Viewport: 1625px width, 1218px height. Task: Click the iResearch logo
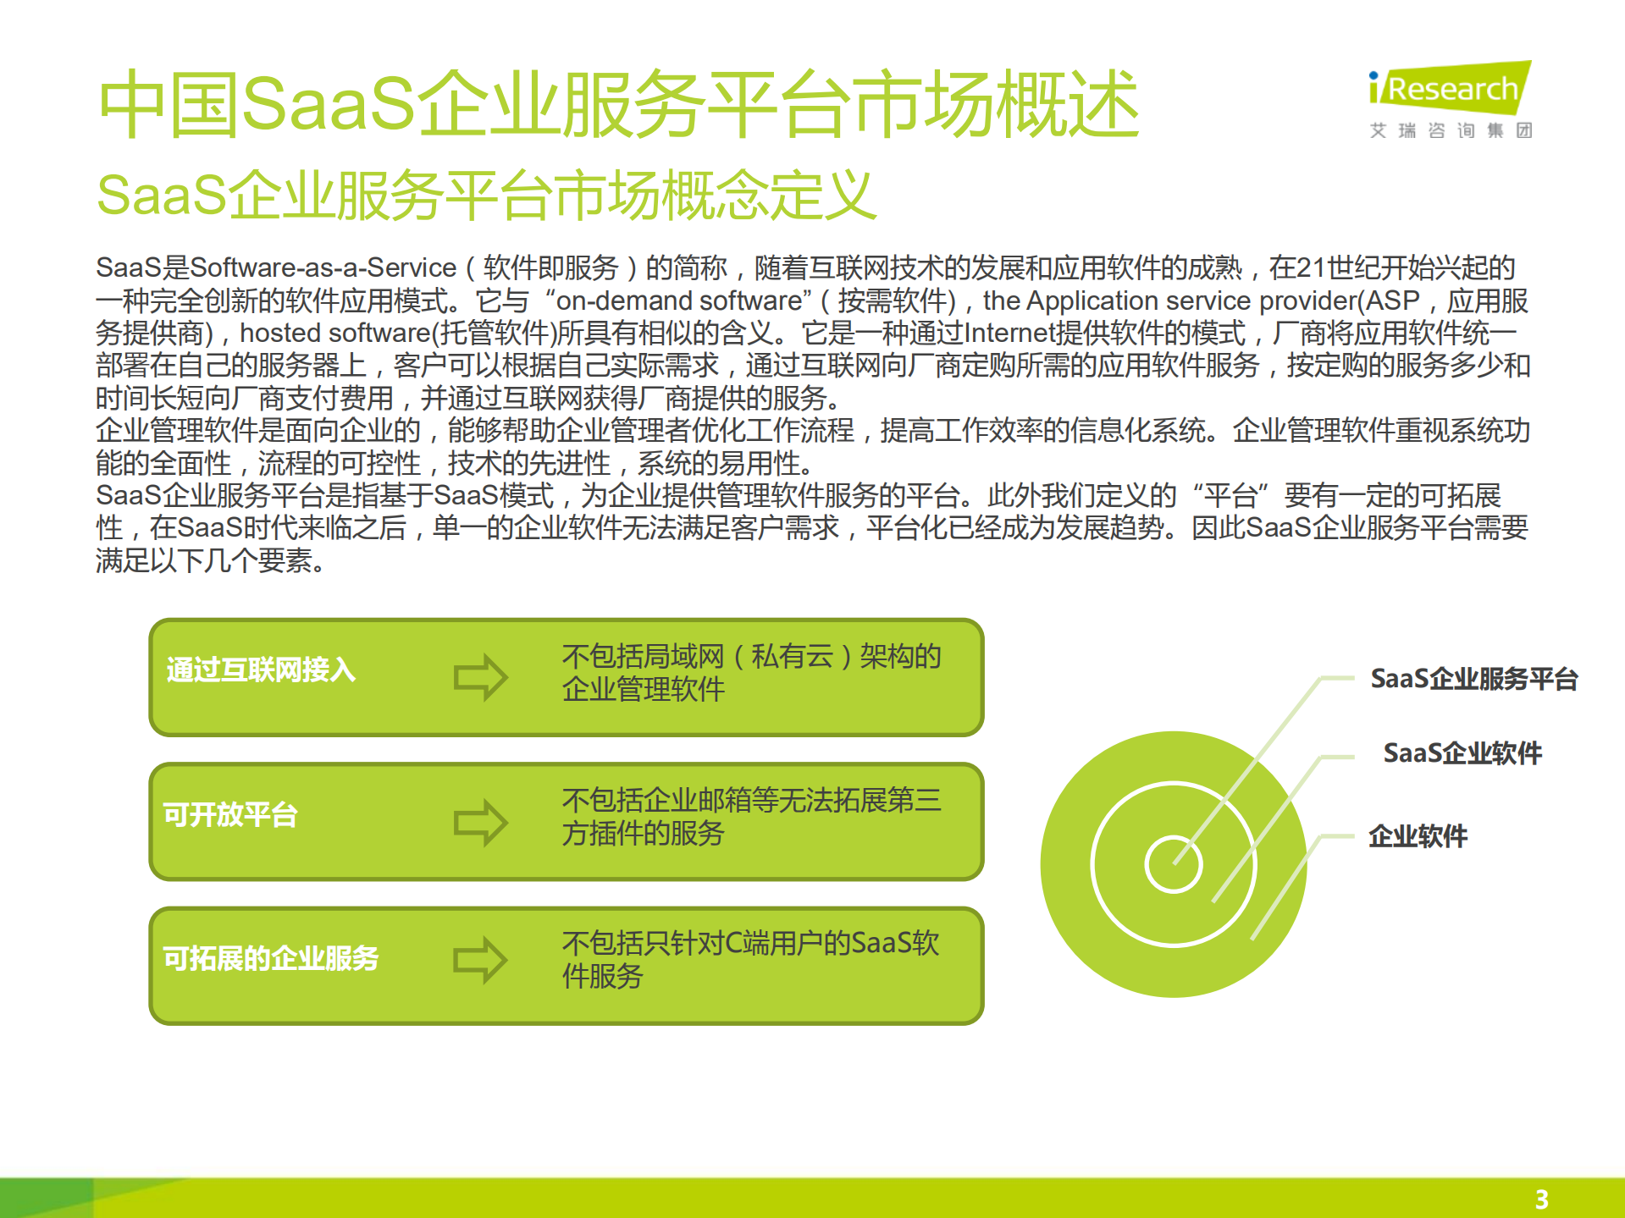pos(1450,89)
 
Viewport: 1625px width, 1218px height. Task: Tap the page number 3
pos(1541,1199)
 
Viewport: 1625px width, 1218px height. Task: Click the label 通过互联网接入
pos(261,670)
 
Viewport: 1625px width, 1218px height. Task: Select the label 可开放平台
pos(230,814)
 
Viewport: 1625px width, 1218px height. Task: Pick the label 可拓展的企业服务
pos(271,958)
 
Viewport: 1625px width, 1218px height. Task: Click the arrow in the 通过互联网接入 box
pos(480,676)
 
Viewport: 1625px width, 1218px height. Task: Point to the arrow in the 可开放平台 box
pos(480,822)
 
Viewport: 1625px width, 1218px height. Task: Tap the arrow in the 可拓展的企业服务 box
pos(480,960)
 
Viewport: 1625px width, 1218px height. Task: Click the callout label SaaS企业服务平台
pos(1473,679)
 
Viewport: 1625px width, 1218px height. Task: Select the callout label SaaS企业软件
pos(1462,752)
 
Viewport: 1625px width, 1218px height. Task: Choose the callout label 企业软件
pos(1418,836)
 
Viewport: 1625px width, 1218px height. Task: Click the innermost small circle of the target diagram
pos(1173,864)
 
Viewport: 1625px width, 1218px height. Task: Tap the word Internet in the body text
pos(1011,333)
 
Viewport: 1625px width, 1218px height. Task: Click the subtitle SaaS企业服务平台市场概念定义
pos(486,196)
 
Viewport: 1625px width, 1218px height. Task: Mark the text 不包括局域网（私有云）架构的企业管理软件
pos(751,673)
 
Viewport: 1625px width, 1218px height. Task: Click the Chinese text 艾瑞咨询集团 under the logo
pos(1451,130)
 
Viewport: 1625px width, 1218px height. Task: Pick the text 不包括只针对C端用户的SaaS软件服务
pos(750,960)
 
